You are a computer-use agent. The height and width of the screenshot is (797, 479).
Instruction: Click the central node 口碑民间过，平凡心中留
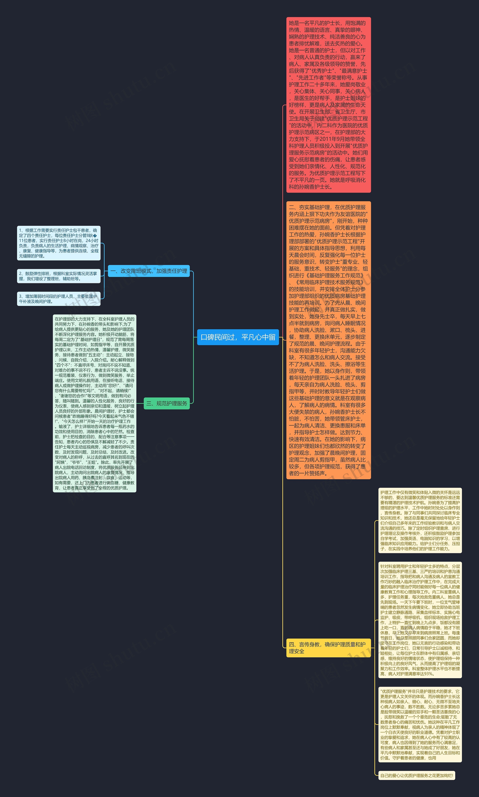pyautogui.click(x=238, y=337)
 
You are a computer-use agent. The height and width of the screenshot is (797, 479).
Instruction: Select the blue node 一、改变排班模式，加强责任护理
pyautogui.click(x=149, y=271)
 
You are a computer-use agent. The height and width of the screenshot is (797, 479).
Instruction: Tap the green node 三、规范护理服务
pyautogui.click(x=167, y=403)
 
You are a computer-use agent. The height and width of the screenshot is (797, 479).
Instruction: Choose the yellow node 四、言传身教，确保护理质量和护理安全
pyautogui.click(x=328, y=648)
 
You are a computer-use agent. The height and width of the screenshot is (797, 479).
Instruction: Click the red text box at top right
pyautogui.click(x=328, y=105)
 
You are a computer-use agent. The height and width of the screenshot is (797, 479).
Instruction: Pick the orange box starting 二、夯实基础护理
pyautogui.click(x=328, y=340)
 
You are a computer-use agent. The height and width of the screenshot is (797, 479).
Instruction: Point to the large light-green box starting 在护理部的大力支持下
pyautogui.click(x=94, y=403)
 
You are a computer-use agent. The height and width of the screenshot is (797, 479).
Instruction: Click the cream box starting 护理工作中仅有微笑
pyautogui.click(x=420, y=520)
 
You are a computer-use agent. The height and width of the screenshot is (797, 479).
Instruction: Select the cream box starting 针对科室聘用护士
pyautogui.click(x=420, y=620)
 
